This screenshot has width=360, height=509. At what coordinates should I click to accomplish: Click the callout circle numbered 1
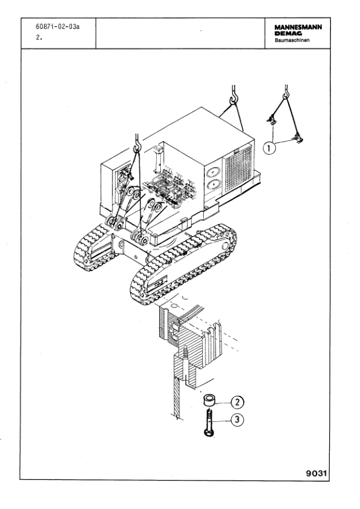[x=269, y=148]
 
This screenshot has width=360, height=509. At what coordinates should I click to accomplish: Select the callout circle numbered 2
[x=237, y=402]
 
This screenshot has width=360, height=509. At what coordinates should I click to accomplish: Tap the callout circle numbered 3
[x=237, y=420]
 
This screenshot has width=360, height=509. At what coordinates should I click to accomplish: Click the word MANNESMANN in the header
[x=298, y=27]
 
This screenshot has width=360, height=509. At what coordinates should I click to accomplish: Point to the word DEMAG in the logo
[x=288, y=33]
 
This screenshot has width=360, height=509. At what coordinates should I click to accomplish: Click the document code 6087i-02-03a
[x=57, y=27]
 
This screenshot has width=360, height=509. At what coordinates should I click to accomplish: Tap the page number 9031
[x=316, y=473]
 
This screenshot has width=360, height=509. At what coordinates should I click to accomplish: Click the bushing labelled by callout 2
[x=209, y=400]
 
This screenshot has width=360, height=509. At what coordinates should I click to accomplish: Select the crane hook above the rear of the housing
[x=234, y=96]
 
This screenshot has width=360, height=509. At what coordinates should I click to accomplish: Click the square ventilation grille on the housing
[x=238, y=168]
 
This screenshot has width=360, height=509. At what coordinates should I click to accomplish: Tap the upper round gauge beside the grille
[x=212, y=172]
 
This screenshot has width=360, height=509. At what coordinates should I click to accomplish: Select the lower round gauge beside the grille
[x=212, y=185]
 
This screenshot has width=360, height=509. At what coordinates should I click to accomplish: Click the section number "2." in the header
[x=39, y=38]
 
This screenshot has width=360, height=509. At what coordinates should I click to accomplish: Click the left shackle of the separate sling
[x=272, y=120]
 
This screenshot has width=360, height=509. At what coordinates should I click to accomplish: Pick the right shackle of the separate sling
[x=298, y=139]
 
